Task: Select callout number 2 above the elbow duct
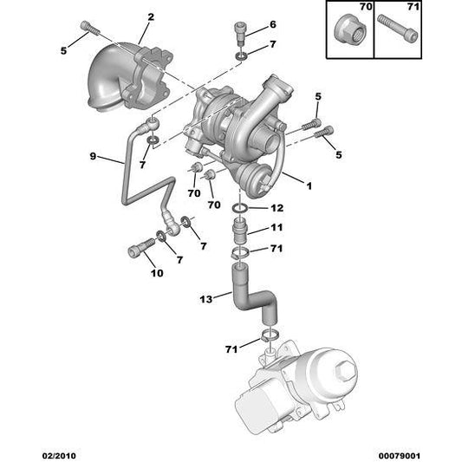tap(150, 16)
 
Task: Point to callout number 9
tap(94, 157)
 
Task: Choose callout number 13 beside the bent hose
tap(205, 299)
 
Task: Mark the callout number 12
tap(277, 209)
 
